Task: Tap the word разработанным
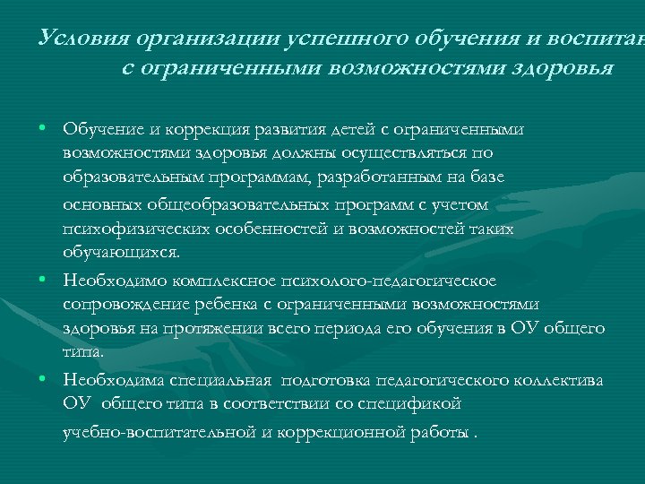(391, 178)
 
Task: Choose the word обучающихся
(121, 253)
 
